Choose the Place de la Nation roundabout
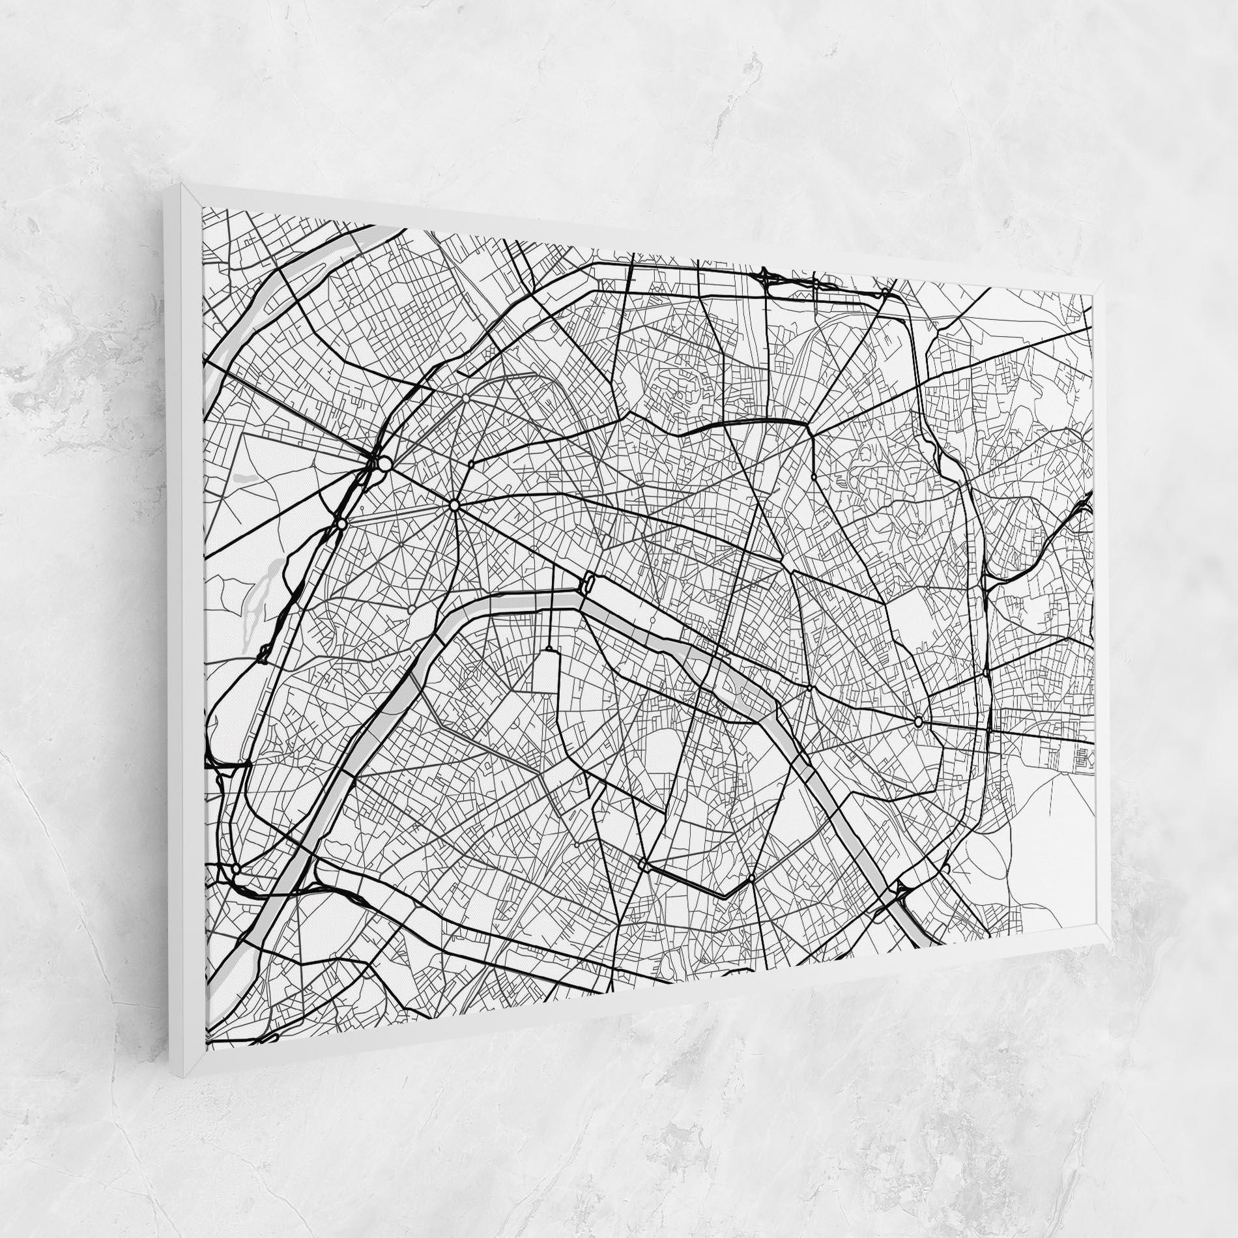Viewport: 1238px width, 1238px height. [919, 721]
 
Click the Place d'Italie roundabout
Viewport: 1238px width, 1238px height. [751, 878]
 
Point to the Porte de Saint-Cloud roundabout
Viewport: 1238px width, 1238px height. [235, 869]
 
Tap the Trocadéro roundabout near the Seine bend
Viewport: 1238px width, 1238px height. [412, 609]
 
